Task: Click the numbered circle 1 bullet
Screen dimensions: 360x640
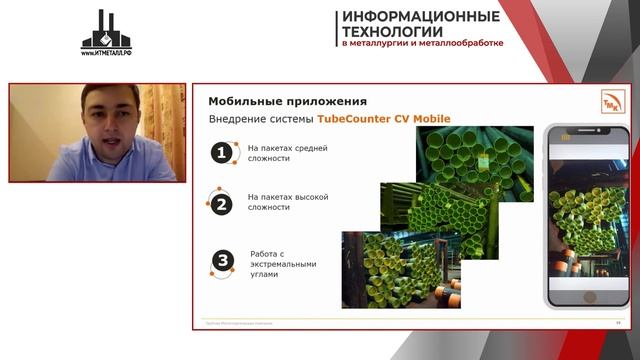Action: pyautogui.click(x=221, y=152)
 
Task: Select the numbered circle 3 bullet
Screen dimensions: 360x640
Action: pyautogui.click(x=222, y=263)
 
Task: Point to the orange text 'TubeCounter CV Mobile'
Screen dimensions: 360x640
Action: pyautogui.click(x=383, y=120)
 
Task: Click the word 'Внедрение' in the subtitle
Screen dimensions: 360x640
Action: pyautogui.click(x=239, y=120)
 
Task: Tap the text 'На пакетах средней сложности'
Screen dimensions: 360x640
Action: pyautogui.click(x=287, y=152)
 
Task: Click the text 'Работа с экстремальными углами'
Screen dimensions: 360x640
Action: pyautogui.click(x=284, y=264)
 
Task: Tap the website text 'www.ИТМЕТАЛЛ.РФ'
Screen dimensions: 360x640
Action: pyautogui.click(x=107, y=52)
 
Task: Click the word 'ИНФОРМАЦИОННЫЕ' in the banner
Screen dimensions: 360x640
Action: pyautogui.click(x=420, y=17)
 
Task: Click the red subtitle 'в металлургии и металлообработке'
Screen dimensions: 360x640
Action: pyautogui.click(x=422, y=44)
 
